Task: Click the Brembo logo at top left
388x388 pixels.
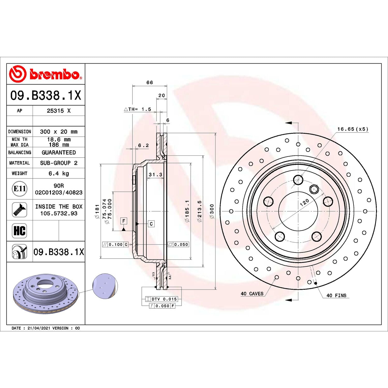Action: (x=46, y=74)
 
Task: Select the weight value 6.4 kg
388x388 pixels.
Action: (x=59, y=173)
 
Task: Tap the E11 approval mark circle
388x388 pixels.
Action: (x=20, y=189)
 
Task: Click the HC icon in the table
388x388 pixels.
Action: (x=19, y=231)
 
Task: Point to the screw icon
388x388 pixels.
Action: (x=19, y=210)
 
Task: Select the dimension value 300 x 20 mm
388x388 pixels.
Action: (x=59, y=132)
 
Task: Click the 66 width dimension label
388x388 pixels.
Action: (x=150, y=83)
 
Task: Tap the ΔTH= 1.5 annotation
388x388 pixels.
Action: (x=138, y=109)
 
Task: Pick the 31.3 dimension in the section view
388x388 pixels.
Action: (x=155, y=175)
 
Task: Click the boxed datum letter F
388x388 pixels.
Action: (x=124, y=221)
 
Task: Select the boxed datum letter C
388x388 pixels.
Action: (x=151, y=224)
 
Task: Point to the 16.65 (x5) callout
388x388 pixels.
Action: (x=353, y=129)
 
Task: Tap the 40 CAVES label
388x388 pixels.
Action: (x=252, y=294)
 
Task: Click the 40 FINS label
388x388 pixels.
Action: (x=336, y=295)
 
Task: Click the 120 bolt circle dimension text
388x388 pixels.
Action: (x=304, y=202)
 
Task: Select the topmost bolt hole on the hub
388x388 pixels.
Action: (x=298, y=180)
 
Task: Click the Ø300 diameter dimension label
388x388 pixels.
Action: (x=212, y=211)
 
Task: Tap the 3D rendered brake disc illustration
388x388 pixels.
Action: (x=45, y=292)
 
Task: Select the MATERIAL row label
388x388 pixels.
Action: (x=20, y=163)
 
